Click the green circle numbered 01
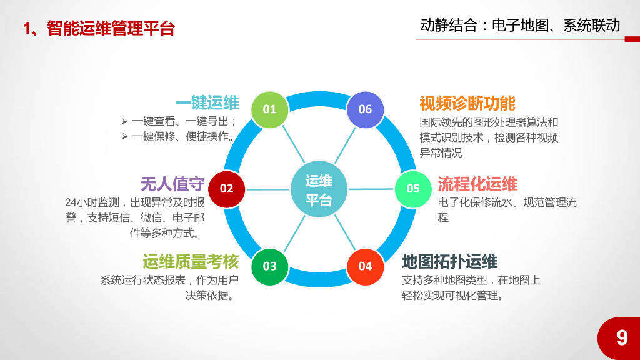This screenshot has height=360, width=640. tap(269, 109)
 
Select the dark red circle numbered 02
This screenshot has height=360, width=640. tap(226, 188)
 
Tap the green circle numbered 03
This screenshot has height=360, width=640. tap(269, 266)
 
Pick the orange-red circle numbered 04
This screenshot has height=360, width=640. tap(365, 266)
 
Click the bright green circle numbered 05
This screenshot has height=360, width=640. tap(413, 188)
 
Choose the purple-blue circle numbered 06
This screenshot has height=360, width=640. tap(365, 109)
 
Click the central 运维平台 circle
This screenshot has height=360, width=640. tap(319, 190)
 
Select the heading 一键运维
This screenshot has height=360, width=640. tap(207, 103)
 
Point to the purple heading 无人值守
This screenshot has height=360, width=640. tap(172, 184)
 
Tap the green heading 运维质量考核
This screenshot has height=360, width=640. tap(191, 261)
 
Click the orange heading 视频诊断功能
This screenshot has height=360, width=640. tap(467, 103)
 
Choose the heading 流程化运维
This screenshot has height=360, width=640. tap(477, 184)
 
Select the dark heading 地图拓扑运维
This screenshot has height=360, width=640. tap(450, 261)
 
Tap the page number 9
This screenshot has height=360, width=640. tap(622, 338)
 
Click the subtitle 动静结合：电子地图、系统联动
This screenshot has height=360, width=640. tap(521, 26)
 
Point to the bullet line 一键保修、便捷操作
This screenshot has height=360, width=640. tap(182, 136)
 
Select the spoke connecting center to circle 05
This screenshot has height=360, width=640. tap(372, 189)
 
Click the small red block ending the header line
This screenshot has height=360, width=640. tap(632, 39)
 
